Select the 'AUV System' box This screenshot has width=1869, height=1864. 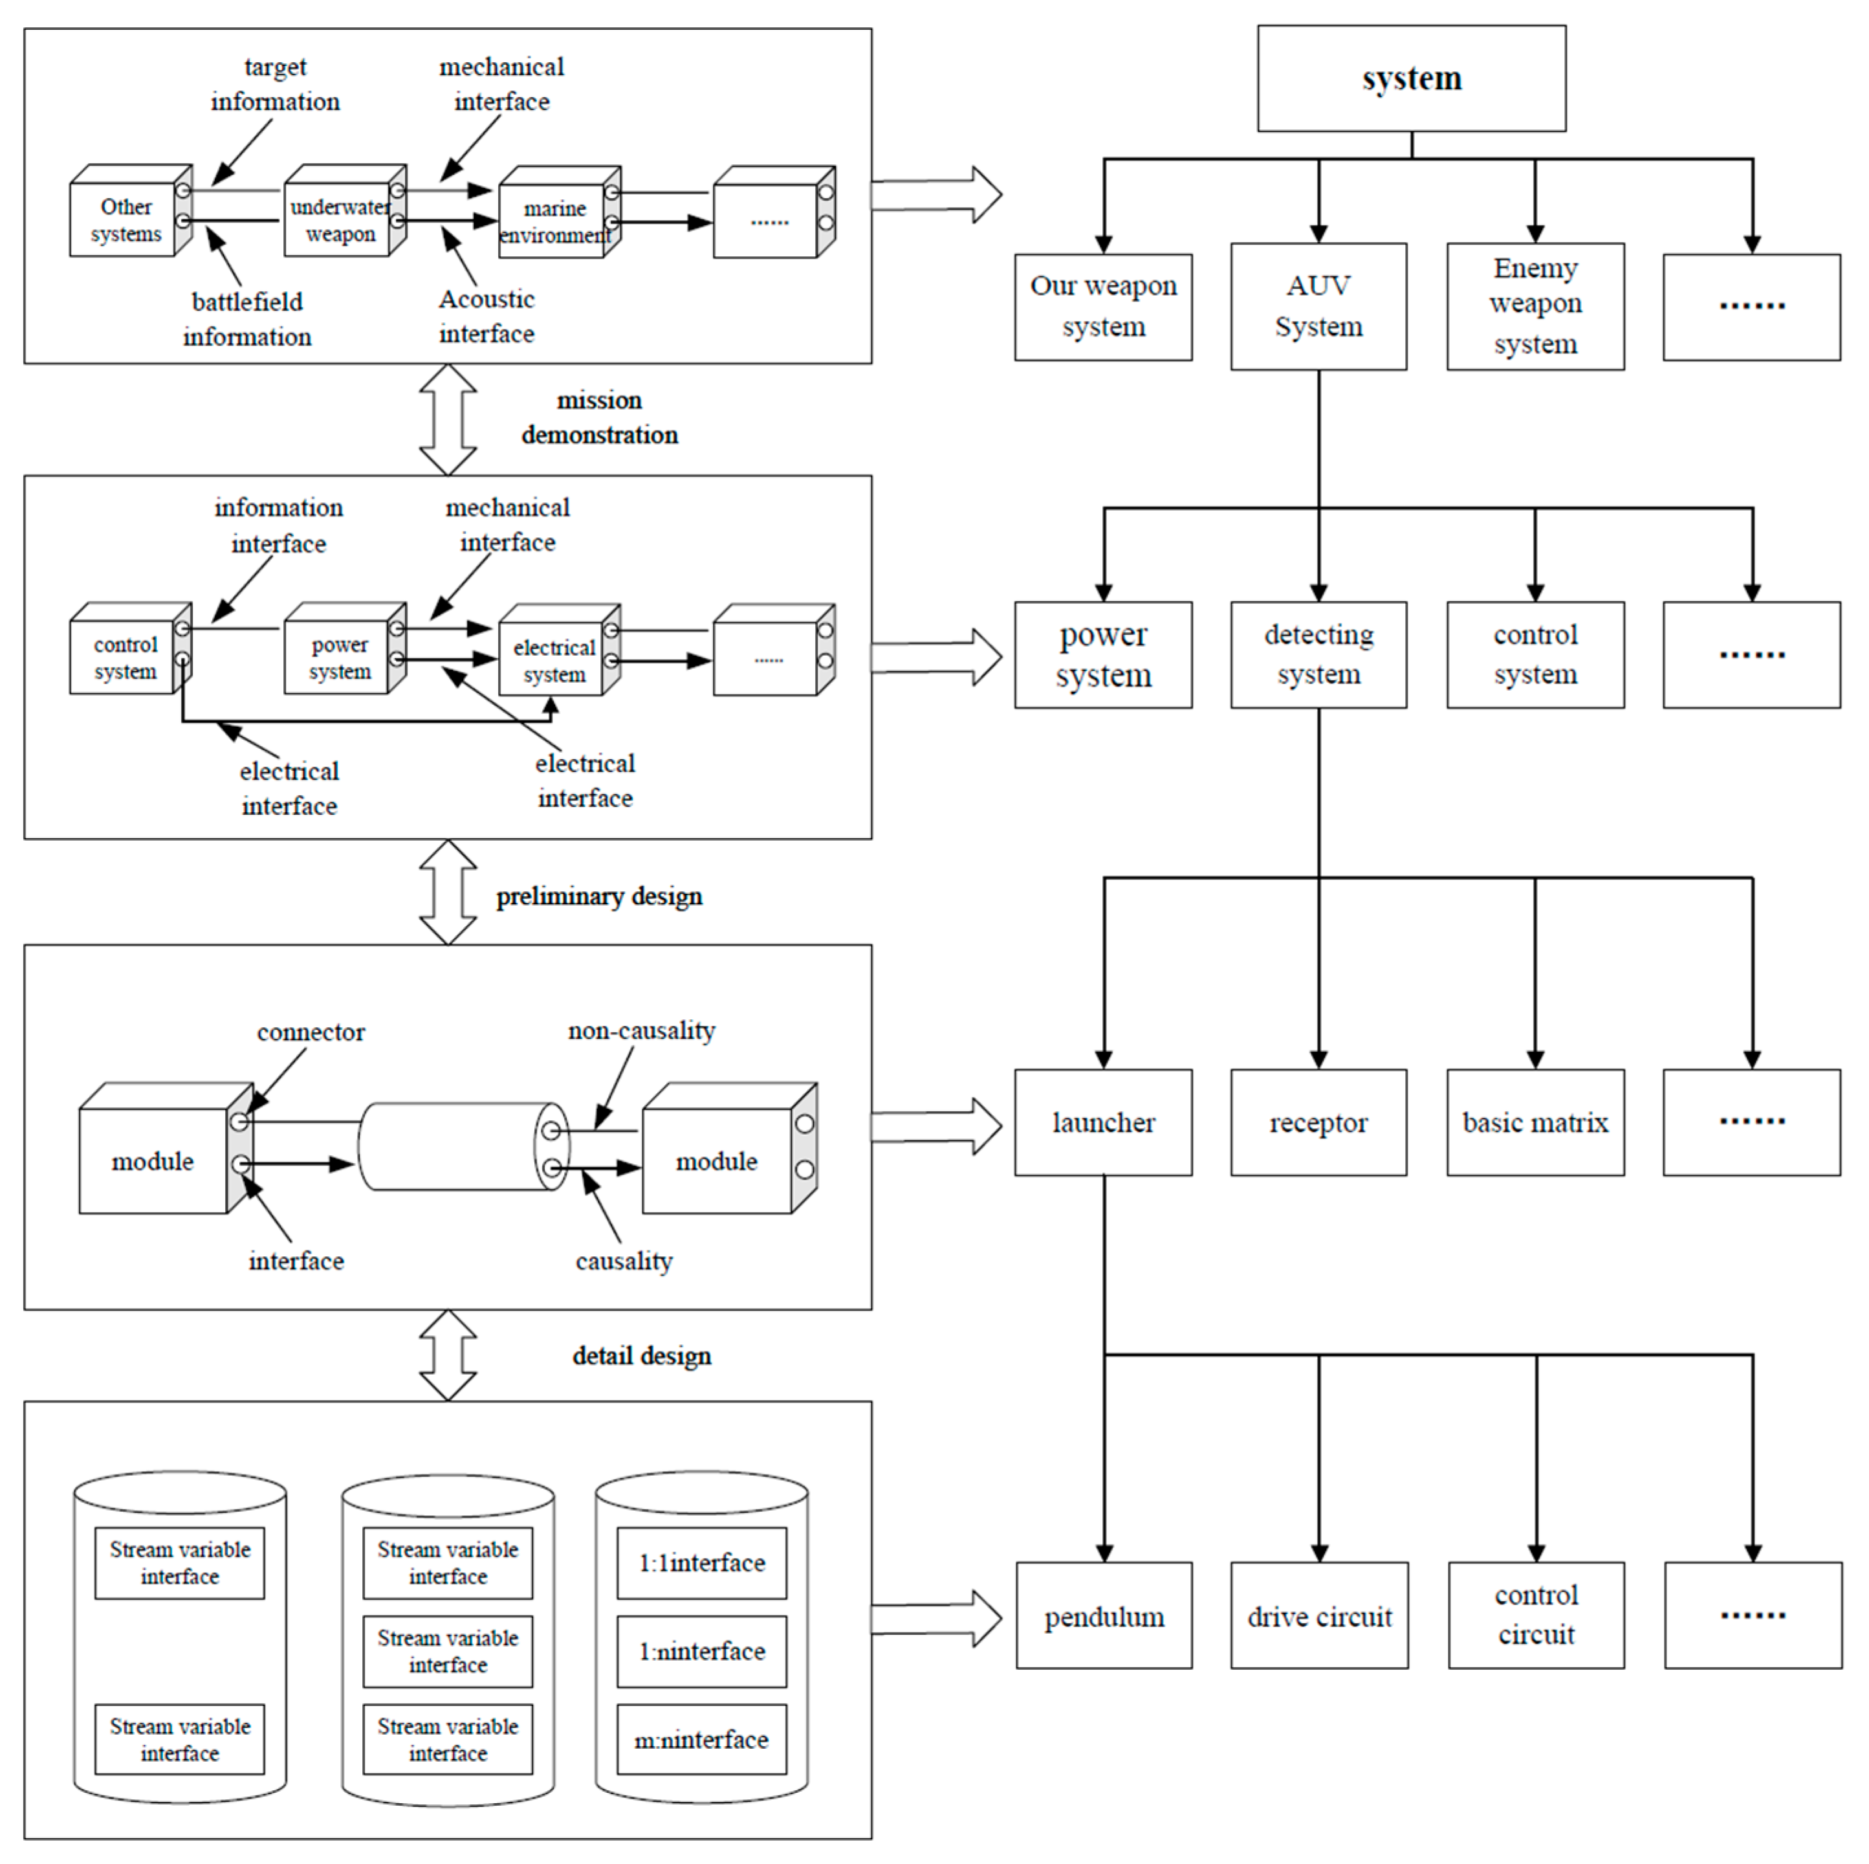coord(1318,306)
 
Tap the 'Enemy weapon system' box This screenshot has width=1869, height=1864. coord(1535,306)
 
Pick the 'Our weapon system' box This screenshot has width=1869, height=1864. coord(1103,307)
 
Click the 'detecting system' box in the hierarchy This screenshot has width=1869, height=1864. coord(1318,654)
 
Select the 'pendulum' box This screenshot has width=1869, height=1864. coord(1103,1616)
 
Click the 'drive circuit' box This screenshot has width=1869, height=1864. coord(1318,1616)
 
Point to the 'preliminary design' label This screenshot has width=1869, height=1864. coord(599,896)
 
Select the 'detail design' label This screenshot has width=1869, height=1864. coord(641,1356)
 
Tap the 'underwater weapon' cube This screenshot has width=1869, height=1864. coord(338,221)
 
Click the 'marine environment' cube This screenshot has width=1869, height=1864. coord(553,221)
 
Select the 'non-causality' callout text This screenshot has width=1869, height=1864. coord(640,1031)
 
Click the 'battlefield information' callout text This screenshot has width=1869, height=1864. coord(246,319)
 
